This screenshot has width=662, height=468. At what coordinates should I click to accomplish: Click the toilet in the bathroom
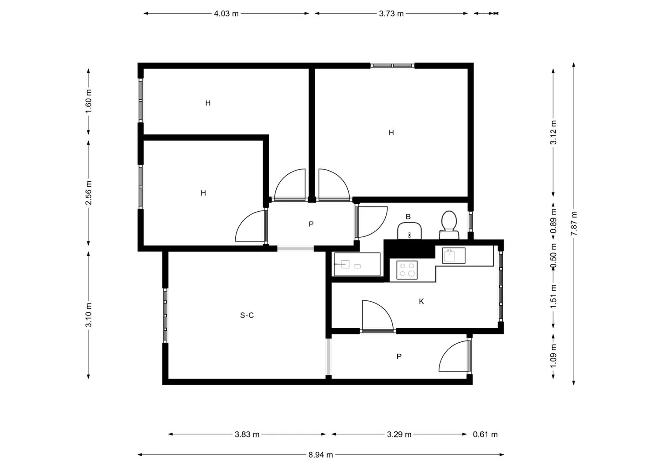449,225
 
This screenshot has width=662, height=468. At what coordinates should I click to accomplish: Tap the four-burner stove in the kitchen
407,270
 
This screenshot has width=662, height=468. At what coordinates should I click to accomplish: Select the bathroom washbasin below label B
409,231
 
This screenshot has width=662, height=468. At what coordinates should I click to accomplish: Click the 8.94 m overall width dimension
321,455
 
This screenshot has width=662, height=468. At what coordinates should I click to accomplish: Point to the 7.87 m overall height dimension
574,224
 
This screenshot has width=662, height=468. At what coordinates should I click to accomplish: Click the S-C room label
247,315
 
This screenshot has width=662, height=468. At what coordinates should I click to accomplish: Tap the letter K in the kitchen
421,301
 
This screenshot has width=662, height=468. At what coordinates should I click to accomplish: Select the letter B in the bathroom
408,217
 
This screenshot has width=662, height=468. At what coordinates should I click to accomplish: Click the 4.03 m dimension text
226,14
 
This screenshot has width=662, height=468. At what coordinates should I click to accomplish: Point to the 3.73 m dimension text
391,14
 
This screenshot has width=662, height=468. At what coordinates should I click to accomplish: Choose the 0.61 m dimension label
485,434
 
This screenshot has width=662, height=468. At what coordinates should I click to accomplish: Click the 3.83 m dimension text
247,434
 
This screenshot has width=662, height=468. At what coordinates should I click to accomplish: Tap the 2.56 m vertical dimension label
88,193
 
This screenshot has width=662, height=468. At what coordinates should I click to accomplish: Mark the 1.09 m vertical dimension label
553,356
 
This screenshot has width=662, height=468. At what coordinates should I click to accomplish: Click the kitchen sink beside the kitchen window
454,255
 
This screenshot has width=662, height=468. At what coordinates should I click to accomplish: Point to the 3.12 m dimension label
553,132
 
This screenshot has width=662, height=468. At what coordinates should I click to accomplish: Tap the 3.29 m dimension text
399,434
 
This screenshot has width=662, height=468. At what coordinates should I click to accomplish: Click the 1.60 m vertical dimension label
88,101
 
